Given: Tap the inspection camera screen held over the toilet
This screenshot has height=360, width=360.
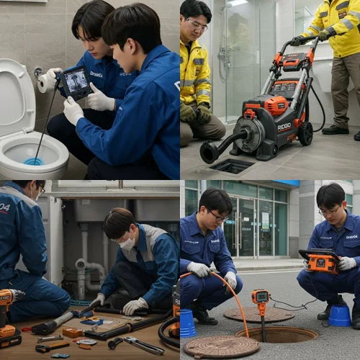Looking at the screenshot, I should pyautogui.click(x=75, y=83).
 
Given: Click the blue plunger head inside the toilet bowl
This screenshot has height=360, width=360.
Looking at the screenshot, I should pyautogui.click(x=33, y=161).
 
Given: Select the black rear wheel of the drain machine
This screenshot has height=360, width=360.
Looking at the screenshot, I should pyautogui.click(x=305, y=134).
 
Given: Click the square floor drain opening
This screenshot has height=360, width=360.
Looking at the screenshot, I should pyautogui.click(x=231, y=166).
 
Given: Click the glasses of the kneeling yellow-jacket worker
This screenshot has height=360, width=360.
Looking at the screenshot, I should pyautogui.click(x=197, y=26).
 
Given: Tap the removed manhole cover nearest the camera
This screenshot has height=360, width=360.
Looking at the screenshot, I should pyautogui.click(x=220, y=346).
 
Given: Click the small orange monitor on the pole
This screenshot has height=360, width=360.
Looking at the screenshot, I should pyautogui.click(x=260, y=296).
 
